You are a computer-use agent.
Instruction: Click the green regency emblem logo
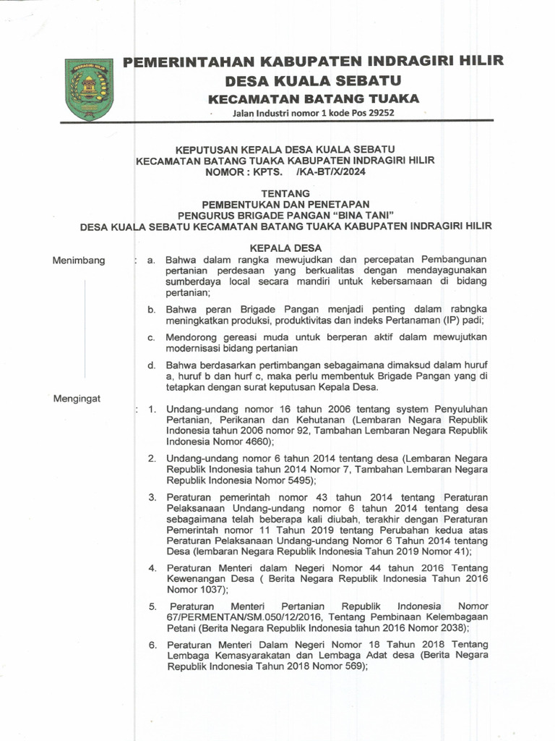90,89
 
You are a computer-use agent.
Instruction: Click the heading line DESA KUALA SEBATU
313,80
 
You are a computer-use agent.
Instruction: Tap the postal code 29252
382,114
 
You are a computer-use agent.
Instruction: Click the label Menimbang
78,261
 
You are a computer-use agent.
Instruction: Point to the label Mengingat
77,398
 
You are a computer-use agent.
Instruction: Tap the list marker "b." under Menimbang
152,310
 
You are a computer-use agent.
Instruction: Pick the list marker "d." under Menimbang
152,365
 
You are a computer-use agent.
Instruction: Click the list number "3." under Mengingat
153,498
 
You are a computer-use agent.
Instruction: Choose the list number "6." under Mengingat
153,645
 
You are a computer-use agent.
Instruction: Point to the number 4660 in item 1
257,441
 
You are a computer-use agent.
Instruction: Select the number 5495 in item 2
298,480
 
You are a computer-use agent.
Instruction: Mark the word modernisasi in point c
197,348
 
